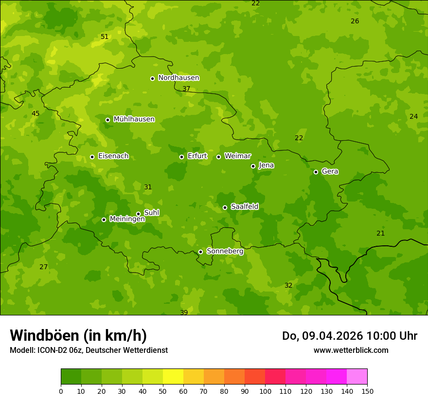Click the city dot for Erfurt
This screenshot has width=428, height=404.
[181, 157]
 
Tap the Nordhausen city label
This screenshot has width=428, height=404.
[178, 78]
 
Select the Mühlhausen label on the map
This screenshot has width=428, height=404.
[134, 119]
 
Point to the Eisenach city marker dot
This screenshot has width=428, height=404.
[92, 157]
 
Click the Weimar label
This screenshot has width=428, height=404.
[237, 156]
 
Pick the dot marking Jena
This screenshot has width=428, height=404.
[253, 166]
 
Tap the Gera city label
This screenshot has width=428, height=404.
[330, 171]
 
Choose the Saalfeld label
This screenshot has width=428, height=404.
[244, 207]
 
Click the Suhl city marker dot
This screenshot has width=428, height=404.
[138, 214]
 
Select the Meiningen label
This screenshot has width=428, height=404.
[127, 219]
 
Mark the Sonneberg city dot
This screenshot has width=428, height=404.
[200, 252]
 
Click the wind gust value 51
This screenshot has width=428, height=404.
[105, 37]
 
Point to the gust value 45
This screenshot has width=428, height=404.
[36, 114]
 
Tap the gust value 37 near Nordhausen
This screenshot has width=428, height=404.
[186, 89]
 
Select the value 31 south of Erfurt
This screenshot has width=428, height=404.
[148, 187]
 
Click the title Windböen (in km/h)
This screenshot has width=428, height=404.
[78, 335]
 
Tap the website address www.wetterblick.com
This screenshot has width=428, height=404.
[351, 350]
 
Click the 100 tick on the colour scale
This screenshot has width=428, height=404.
[265, 391]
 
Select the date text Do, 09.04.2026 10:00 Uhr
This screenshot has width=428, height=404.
[349, 336]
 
